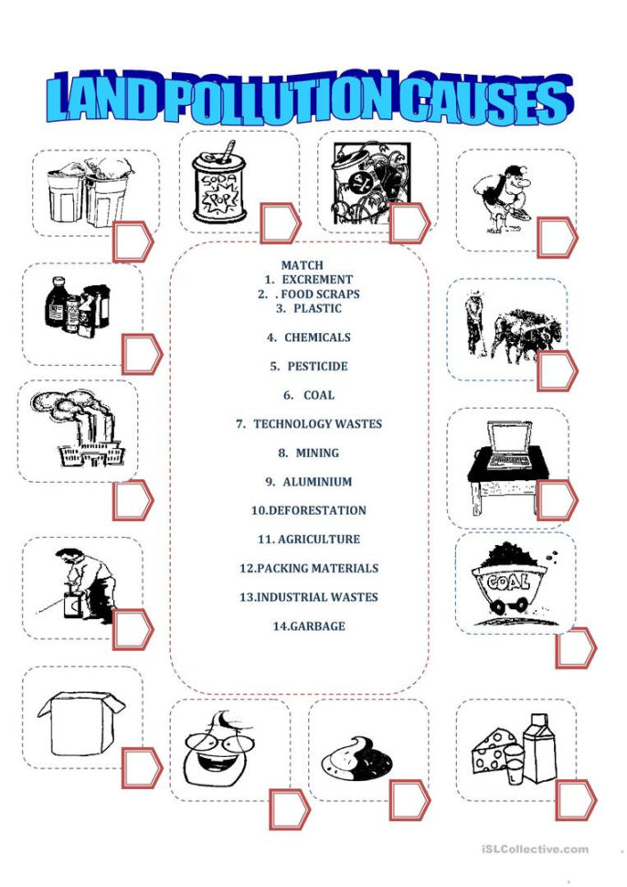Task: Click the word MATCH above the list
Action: [x=302, y=265]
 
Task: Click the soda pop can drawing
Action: [x=219, y=187]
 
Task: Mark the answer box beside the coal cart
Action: [x=576, y=647]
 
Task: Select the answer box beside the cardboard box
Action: [x=142, y=768]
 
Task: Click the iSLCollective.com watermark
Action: [x=535, y=850]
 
